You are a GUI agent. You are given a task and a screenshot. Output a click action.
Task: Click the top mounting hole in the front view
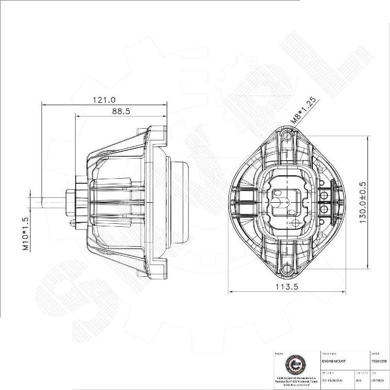287,136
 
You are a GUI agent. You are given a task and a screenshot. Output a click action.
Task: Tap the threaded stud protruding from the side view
53,202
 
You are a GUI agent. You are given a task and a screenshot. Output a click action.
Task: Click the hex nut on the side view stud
71,202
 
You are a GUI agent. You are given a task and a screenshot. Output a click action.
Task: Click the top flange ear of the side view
157,134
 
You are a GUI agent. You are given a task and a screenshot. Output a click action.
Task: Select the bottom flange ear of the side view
157,270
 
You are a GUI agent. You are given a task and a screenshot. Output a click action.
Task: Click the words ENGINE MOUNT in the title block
334,361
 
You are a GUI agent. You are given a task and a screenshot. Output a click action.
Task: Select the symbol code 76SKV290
378,361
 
